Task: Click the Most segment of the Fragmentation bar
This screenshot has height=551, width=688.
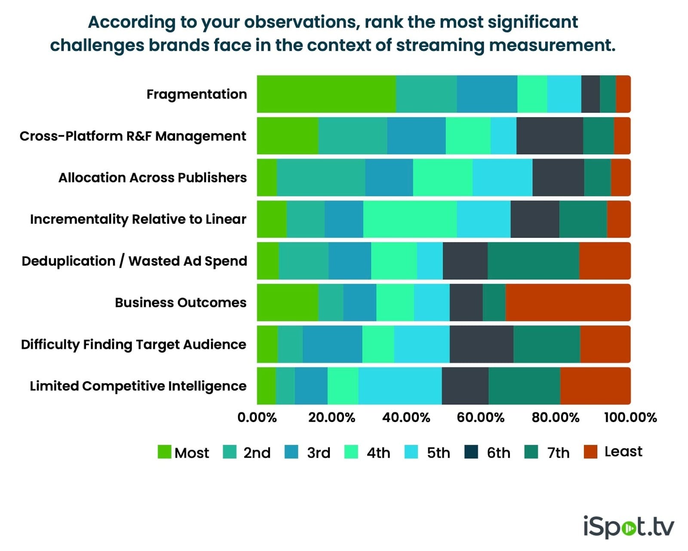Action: tap(326, 94)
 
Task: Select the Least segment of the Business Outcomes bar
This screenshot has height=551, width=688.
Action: tap(568, 303)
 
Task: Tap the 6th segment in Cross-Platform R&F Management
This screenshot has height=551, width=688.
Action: tap(550, 136)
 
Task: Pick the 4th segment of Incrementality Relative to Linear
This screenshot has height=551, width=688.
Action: tap(410, 219)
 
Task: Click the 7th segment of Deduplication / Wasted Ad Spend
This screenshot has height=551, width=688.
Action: tap(533, 261)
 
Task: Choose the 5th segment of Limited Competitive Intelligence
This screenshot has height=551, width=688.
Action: tap(400, 386)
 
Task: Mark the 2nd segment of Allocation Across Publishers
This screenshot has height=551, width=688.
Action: tap(321, 178)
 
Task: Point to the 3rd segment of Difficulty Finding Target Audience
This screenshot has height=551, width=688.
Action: tap(332, 344)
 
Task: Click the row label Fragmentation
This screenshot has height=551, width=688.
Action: tap(197, 94)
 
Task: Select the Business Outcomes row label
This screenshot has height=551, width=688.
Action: tap(181, 303)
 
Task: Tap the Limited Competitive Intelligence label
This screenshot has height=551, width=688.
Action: tap(138, 386)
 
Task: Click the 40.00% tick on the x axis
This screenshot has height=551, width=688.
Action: tap(406, 417)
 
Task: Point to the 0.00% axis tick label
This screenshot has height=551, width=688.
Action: tap(257, 417)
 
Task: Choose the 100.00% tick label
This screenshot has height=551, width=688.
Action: tap(630, 417)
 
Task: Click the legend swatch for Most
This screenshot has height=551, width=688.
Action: tap(164, 452)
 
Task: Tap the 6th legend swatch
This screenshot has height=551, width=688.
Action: tap(471, 452)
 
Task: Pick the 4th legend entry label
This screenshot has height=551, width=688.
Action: tap(378, 453)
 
